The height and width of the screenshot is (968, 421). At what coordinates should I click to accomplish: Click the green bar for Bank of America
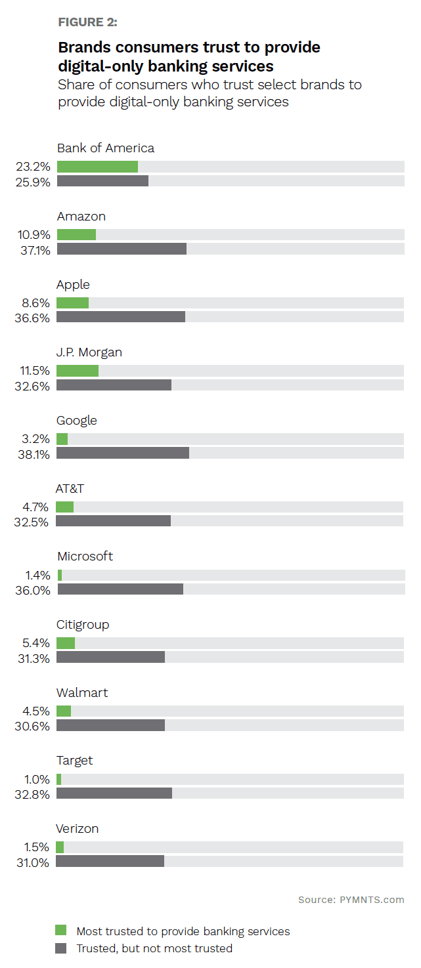97,167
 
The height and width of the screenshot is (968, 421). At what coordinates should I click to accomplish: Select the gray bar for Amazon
122,249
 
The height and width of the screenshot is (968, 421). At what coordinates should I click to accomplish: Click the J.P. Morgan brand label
89,352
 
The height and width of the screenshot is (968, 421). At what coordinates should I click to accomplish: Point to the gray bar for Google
123,453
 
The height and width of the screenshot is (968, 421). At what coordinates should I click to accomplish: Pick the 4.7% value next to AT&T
36,507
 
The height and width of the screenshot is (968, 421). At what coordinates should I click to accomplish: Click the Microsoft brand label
85,556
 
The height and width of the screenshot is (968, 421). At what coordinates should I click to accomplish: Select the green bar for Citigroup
66,643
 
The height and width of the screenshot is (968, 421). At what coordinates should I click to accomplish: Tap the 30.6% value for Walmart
33,726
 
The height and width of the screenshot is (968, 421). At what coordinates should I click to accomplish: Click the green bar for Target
58,779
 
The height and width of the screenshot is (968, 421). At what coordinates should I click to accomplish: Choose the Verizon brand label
78,829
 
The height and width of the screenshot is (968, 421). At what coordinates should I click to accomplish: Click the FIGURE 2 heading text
88,22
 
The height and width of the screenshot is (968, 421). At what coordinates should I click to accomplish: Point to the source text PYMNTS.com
351,899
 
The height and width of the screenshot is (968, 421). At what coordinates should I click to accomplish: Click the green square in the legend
61,930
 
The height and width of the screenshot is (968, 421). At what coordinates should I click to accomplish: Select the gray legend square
61,948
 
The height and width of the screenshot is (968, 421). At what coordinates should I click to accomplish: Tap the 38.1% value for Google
33,454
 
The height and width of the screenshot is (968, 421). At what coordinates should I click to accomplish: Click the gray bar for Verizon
110,861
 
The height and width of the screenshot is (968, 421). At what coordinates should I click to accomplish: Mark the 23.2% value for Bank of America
33,167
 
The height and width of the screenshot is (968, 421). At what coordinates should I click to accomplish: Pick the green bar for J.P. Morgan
78,371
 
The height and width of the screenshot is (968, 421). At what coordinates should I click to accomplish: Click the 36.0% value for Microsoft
33,590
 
